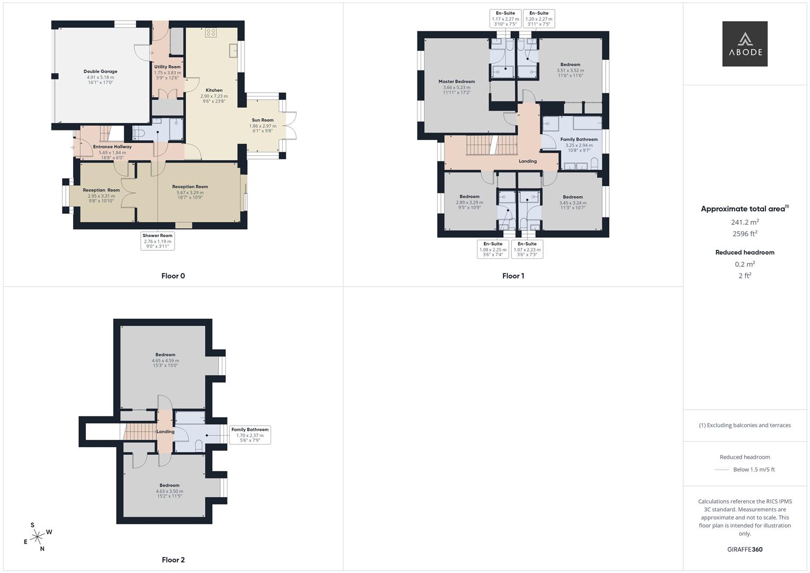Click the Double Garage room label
[100, 72]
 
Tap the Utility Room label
[168, 67]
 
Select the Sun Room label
[263, 120]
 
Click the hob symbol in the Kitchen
[211, 32]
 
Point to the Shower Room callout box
[158, 241]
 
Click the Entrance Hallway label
[112, 147]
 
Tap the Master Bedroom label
[457, 82]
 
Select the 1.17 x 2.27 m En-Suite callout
[506, 19]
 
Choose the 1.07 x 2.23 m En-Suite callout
[527, 249]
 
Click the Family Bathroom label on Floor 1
[579, 140]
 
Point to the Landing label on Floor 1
[528, 161]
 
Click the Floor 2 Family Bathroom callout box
[250, 435]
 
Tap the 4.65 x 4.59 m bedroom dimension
[166, 361]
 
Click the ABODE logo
[745, 44]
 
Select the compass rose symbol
[37, 537]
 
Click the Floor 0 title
[173, 276]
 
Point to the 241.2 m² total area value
[745, 222]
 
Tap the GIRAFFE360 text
[745, 549]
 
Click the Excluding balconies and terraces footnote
[745, 425]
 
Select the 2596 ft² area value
[745, 233]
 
